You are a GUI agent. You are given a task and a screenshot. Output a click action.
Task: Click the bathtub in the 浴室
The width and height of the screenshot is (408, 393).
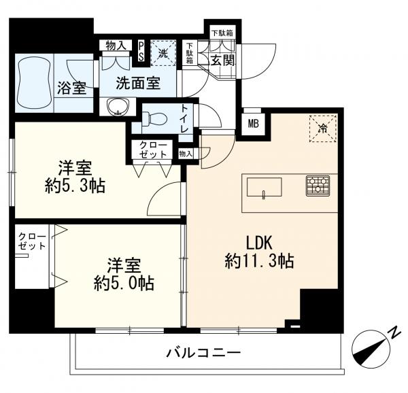click(33, 83)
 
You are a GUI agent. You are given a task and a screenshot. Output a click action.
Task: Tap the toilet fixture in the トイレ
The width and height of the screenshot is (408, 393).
click(155, 119)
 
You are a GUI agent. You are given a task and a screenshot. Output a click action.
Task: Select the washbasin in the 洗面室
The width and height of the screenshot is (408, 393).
click(118, 106)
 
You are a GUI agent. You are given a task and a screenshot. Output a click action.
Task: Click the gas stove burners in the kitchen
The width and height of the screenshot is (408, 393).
click(318, 186)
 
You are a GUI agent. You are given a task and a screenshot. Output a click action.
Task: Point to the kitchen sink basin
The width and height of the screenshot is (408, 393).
click(264, 188)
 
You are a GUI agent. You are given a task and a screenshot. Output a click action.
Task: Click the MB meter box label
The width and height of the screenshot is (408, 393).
click(253, 124)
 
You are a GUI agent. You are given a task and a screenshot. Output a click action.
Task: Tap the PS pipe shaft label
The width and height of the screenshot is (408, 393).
click(141, 52)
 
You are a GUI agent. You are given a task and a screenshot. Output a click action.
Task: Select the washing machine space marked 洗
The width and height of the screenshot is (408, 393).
click(164, 52)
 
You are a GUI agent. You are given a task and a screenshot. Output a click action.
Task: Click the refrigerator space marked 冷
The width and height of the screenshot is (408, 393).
click(322, 129)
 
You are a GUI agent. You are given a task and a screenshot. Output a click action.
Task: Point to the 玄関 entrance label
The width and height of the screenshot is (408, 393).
click(223, 61)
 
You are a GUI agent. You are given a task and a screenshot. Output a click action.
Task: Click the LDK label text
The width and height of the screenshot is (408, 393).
click(259, 243)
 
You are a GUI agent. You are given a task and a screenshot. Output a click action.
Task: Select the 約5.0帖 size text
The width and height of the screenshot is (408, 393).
click(124, 284)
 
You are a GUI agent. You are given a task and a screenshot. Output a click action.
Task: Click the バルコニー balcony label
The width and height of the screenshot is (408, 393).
click(204, 353)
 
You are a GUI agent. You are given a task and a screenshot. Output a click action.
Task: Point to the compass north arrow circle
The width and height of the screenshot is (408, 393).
click(371, 349)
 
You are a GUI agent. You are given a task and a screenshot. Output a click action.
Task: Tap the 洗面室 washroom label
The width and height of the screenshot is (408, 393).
click(138, 83)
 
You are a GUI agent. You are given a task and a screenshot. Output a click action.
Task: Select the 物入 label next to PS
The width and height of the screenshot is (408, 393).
click(116, 46)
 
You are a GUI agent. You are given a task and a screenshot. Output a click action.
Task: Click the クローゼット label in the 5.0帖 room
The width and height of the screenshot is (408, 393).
click(33, 241)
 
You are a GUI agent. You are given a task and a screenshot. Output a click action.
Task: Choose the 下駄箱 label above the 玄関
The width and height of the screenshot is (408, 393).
click(222, 33)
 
